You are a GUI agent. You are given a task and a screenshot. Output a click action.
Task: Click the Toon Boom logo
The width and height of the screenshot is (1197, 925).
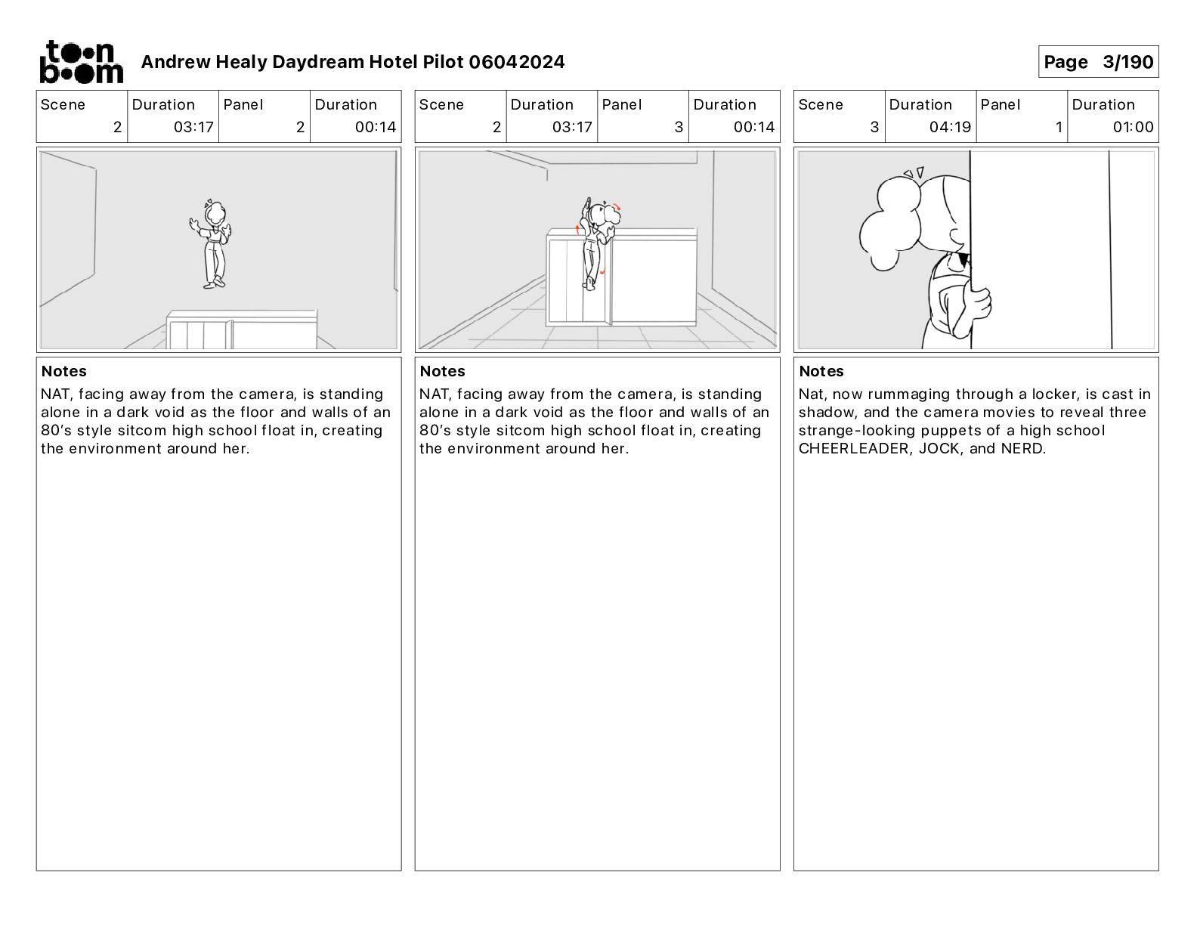click(x=81, y=62)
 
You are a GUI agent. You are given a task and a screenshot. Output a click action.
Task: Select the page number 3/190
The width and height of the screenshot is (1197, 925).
click(x=1127, y=62)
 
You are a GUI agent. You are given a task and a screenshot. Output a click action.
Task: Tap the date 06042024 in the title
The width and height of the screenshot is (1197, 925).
click(x=516, y=62)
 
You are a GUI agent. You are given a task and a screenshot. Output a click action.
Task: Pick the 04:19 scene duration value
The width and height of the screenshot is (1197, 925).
click(x=949, y=127)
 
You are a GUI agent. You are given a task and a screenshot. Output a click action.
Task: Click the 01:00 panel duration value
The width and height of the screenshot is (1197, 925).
click(x=1133, y=127)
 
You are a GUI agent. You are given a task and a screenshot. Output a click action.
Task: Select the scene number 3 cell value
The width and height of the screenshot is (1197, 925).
click(x=874, y=127)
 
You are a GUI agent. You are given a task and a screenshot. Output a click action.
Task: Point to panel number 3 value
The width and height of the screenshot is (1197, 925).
click(x=678, y=127)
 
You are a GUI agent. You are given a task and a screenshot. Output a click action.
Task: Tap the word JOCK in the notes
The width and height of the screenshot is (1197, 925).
click(x=939, y=449)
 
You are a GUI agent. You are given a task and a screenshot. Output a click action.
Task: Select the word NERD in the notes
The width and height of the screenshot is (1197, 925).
click(x=1022, y=449)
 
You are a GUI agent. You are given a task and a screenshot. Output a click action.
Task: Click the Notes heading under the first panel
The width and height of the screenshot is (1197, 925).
click(x=64, y=371)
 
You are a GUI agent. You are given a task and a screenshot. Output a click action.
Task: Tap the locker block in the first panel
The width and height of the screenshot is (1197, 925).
click(x=242, y=329)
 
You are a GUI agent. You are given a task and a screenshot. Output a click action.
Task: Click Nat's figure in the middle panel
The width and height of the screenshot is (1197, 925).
click(x=595, y=242)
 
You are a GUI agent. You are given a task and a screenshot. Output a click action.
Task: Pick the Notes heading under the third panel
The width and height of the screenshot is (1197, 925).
click(x=821, y=371)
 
